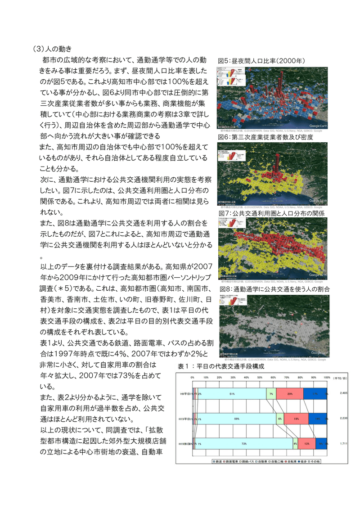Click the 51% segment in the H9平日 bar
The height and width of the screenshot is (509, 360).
tap(232, 393)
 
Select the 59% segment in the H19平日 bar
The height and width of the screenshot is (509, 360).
tap(236, 419)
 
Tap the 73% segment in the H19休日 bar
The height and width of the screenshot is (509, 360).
tap(243, 444)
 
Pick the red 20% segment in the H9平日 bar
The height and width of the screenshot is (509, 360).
tap(289, 393)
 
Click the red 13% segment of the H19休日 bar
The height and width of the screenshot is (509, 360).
tap(307, 444)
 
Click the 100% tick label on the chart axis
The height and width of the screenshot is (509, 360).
tap(327, 378)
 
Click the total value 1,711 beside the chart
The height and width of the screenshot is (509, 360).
tap(343, 444)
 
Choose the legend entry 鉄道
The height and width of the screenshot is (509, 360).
tap(217, 461)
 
